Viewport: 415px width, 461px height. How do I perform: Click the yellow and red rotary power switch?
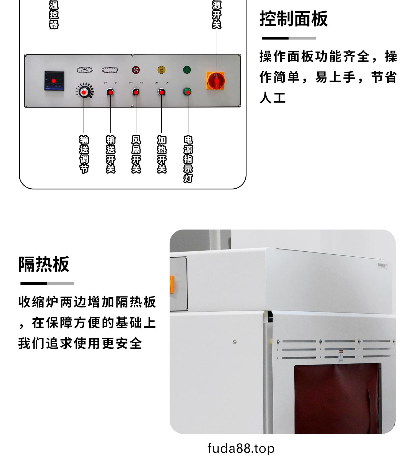216,81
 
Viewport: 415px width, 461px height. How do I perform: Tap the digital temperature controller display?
54,81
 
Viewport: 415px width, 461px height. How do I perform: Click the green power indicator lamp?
187,91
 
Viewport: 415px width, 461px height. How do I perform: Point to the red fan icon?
136,70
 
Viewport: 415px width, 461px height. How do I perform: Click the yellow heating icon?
161,70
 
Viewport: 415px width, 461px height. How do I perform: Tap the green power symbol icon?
187,70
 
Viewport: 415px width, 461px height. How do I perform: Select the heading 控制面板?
294,19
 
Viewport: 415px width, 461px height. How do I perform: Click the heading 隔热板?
44,264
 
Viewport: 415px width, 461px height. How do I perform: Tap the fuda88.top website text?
241,448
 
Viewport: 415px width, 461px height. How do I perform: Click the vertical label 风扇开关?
136,154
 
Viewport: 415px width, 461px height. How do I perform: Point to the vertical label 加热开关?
162,154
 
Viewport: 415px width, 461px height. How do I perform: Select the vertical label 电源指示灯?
188,159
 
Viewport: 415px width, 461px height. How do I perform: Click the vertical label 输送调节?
84,154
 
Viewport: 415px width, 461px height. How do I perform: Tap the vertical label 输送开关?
110,154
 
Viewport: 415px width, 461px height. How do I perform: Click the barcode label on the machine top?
383,266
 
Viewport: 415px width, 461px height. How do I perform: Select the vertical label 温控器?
54,14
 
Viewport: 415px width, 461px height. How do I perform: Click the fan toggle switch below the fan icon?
136,92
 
